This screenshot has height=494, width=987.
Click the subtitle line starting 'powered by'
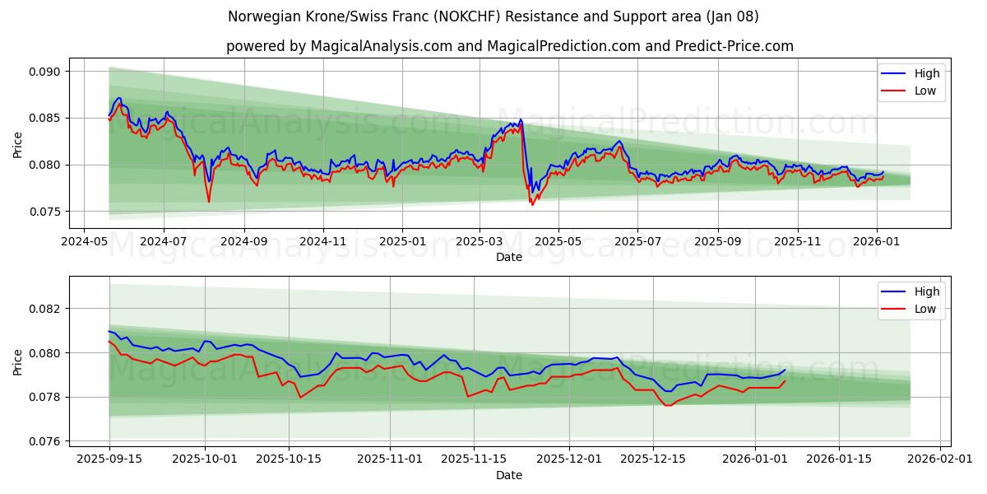click(510, 46)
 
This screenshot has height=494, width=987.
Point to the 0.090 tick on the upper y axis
click(45, 72)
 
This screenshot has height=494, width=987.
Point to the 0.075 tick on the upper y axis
click(45, 212)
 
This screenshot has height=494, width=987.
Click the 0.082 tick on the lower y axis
click(45, 309)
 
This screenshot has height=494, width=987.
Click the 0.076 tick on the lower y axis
click(45, 441)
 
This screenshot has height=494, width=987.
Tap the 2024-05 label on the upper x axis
click(86, 242)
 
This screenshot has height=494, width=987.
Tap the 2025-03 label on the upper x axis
click(480, 242)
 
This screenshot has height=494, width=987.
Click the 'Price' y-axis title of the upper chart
click(18, 144)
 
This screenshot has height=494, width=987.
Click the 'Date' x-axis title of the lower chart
click(509, 475)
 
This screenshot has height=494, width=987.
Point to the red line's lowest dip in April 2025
click(532, 204)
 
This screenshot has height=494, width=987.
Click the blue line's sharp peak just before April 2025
click(521, 119)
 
